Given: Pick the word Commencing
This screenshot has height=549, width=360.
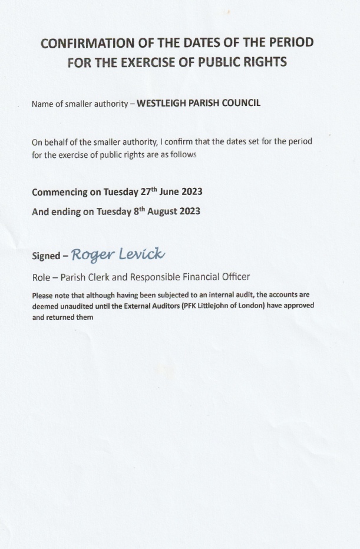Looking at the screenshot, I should (66, 192).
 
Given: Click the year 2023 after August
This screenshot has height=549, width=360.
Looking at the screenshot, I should (190, 211).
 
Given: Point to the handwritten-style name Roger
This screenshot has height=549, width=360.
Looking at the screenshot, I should (91, 254).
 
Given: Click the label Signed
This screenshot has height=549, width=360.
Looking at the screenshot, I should (46, 256).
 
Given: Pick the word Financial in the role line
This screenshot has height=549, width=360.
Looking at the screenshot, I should (193, 277).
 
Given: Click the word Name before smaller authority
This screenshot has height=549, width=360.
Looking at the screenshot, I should (42, 104).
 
